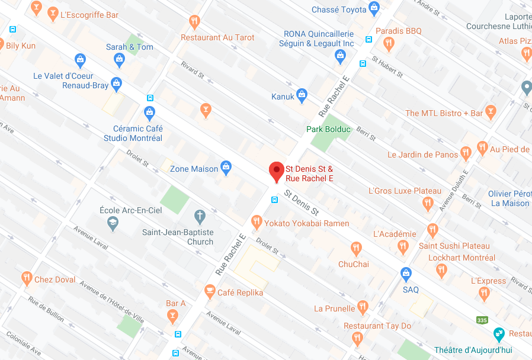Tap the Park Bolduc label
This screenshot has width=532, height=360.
coord(329,129)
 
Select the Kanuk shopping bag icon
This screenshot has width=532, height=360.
coord(302,94)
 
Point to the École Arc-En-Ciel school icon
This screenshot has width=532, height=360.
coord(112,224)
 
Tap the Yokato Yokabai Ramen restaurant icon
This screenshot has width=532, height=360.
coord(257,222)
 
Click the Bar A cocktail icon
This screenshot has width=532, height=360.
coord(172,315)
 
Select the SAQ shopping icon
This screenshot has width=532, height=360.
coord(406,274)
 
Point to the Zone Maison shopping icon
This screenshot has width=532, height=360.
coord(226,168)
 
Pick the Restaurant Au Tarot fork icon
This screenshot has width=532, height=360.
coord(194,22)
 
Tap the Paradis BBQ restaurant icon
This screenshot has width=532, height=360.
coord(389,43)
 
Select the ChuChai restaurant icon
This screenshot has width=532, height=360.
coord(356,248)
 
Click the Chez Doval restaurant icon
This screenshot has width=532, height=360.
coord(27,278)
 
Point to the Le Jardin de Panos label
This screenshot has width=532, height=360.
coord(422,155)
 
